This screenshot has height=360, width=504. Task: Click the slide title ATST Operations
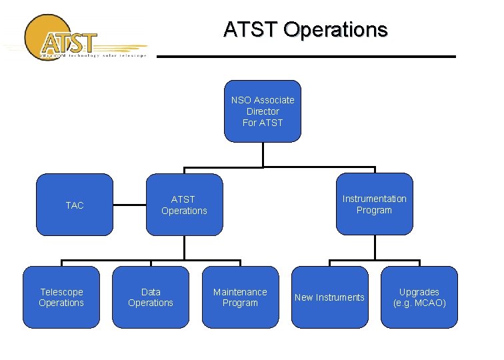[305, 30]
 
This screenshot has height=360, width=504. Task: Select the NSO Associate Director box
[263, 111]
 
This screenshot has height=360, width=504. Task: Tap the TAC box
[75, 205]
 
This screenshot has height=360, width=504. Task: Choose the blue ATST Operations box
[184, 205]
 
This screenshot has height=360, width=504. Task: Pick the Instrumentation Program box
[374, 204]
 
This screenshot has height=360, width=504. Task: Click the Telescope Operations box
[61, 297]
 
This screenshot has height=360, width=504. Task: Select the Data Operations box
[150, 297]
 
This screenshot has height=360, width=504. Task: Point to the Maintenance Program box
[240, 297]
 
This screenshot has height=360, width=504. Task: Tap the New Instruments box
[329, 297]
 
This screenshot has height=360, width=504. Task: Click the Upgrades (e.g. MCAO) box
[419, 297]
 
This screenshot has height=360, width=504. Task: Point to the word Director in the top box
[263, 111]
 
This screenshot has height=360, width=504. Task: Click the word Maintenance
[240, 292]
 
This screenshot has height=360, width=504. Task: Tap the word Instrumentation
[374, 199]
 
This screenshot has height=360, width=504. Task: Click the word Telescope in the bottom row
[61, 292]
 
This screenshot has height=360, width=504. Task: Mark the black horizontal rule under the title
[306, 57]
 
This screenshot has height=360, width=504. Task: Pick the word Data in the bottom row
[151, 292]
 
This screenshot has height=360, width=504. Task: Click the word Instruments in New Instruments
[341, 297]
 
